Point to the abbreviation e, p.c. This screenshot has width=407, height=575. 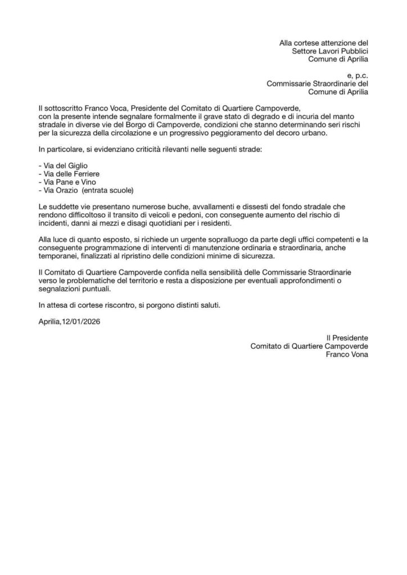(358, 74)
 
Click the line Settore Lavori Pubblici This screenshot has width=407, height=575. (330, 51)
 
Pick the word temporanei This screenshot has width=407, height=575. (60, 256)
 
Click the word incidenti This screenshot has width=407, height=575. (55, 223)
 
